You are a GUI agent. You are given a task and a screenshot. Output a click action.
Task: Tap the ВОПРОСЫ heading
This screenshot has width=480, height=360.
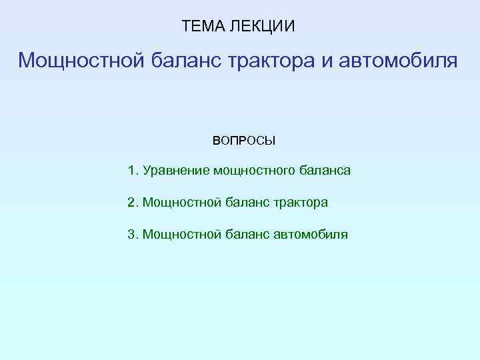pyautogui.click(x=243, y=141)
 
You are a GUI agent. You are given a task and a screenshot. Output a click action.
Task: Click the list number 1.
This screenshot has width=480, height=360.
pyautogui.click(x=132, y=171)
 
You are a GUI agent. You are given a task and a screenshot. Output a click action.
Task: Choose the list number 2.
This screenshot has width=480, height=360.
pyautogui.click(x=132, y=202)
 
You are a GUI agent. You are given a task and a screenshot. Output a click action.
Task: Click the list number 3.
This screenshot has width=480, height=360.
pyautogui.click(x=132, y=234)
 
